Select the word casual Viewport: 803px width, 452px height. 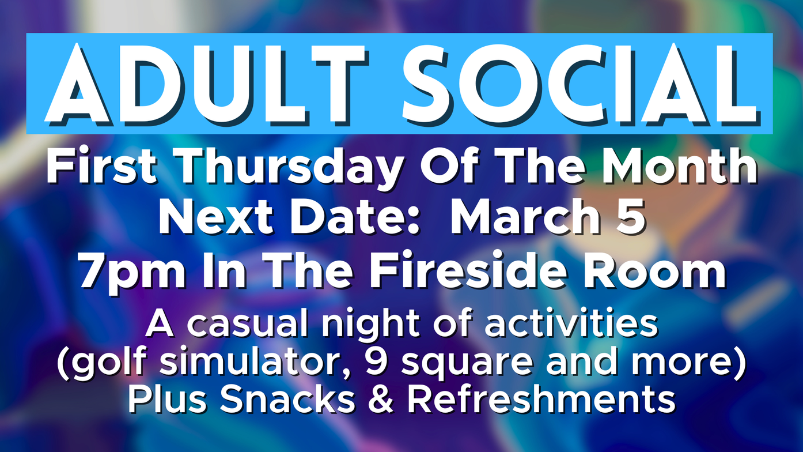click(247, 325)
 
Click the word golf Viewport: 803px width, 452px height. click(111, 363)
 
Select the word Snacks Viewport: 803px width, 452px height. click(287, 400)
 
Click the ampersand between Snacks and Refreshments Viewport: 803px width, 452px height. click(381, 400)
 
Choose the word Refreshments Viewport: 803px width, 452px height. click(541, 400)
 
